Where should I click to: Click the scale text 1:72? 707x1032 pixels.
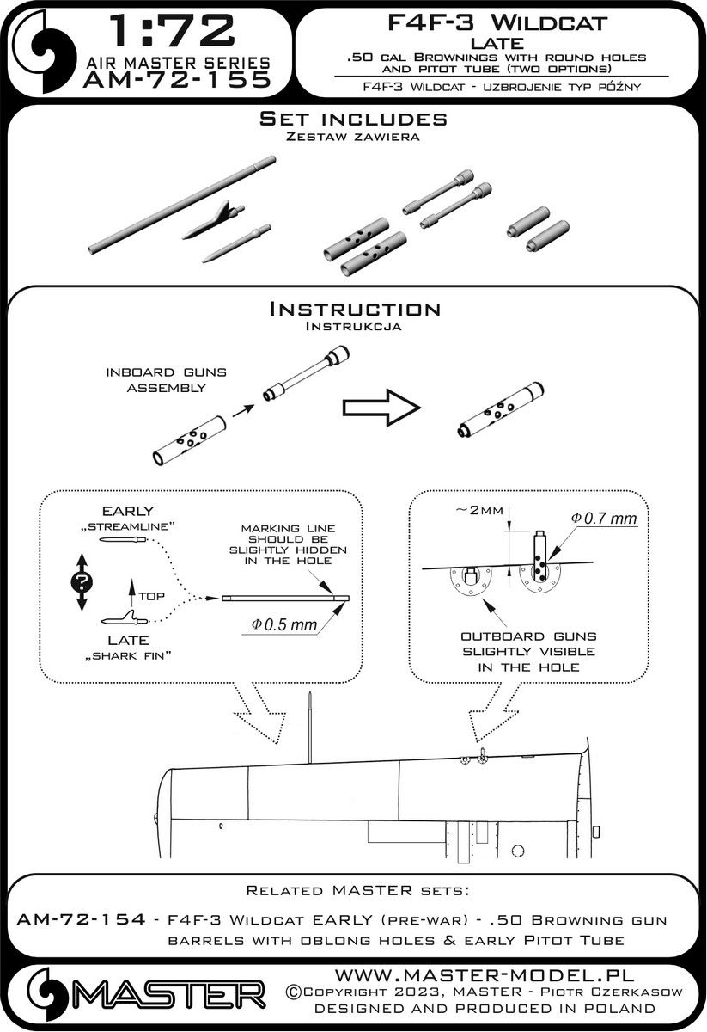click(x=168, y=31)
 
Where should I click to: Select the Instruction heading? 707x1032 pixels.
click(x=354, y=309)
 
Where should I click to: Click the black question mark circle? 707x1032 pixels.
click(x=82, y=580)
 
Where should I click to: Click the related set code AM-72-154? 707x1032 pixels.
click(x=70, y=920)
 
